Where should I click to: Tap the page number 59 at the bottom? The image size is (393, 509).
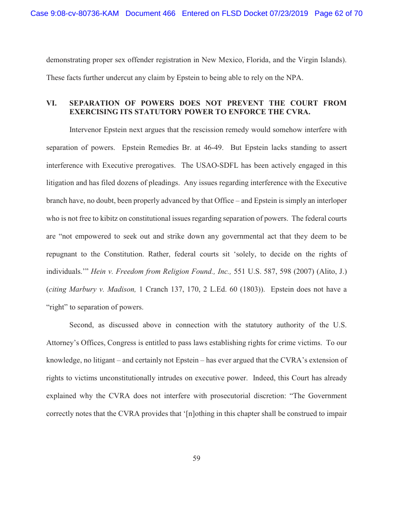tap(196, 458)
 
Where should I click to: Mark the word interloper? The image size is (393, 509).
tap(329, 201)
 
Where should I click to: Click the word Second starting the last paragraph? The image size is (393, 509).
tap(82, 324)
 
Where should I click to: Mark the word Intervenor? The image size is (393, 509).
tap(87, 130)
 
